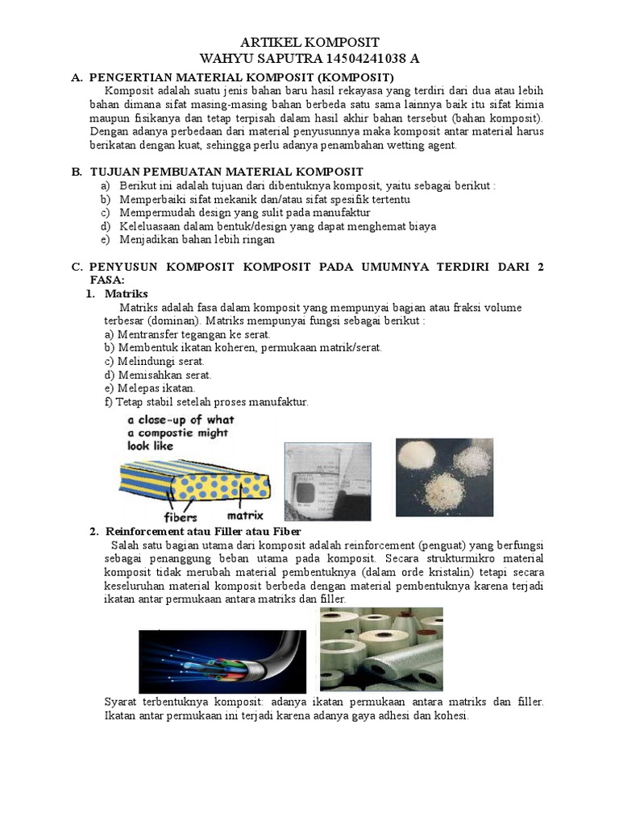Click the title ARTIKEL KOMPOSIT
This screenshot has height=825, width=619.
(310, 43)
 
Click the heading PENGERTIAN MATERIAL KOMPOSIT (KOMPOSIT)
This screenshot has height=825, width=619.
(241, 77)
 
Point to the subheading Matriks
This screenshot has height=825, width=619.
(127, 294)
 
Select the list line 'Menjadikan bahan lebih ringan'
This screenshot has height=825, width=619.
(197, 240)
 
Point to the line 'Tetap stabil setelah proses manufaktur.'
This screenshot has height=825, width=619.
(211, 401)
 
